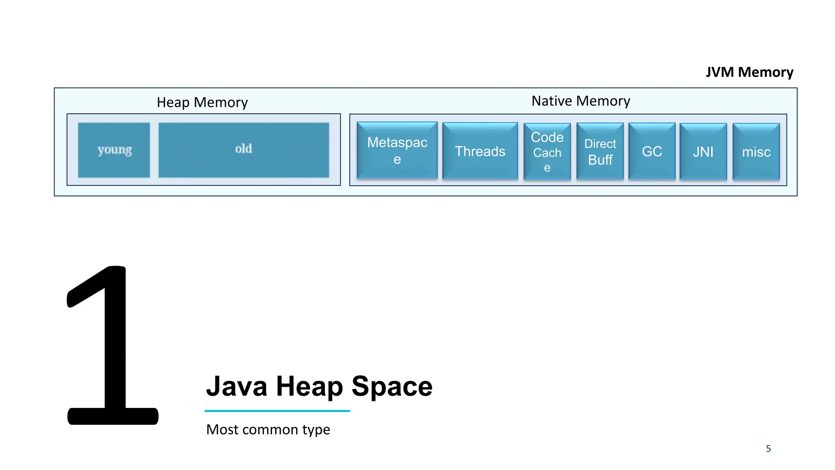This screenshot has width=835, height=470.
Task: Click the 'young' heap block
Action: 114,150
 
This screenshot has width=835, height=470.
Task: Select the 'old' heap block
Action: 243,150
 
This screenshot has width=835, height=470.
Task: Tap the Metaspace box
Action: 397,151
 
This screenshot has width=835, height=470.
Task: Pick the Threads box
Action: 480,151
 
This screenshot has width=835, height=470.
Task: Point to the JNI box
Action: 703,152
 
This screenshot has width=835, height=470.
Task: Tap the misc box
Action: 756,152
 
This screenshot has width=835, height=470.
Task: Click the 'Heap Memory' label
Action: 202,102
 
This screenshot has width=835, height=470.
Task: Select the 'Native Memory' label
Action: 581,101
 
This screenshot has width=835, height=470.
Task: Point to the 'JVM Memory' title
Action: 749,72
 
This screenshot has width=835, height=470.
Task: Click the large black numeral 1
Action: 113,347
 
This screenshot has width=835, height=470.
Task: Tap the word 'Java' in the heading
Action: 237,386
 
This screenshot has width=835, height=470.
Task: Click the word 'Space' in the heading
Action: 392,386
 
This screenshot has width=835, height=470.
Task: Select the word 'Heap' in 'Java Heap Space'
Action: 309,386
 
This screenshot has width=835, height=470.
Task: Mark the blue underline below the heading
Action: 277,411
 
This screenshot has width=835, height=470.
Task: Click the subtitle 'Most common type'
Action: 268,430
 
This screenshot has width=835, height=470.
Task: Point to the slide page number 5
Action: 769,449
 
